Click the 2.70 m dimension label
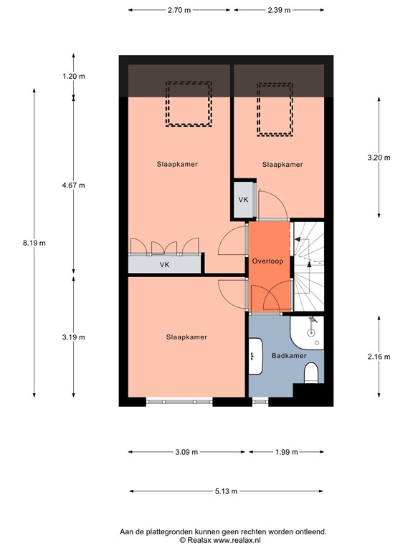[x=179, y=10]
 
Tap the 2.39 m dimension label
[x=278, y=10]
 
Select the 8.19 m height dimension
[x=34, y=243]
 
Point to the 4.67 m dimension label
[x=73, y=185]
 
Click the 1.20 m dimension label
[x=73, y=77]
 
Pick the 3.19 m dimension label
[x=73, y=337]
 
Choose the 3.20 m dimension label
[x=378, y=158]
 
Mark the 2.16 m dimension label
[x=378, y=356]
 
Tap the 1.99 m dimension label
[x=285, y=452]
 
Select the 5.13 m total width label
[x=226, y=491]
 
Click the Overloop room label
[x=267, y=261]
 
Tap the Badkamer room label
[x=289, y=355]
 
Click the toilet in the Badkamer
[x=311, y=374]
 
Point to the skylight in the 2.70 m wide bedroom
[x=189, y=104]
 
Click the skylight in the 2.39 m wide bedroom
[x=275, y=107]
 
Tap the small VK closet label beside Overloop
[x=243, y=199]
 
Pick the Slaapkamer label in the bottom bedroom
[x=186, y=337]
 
